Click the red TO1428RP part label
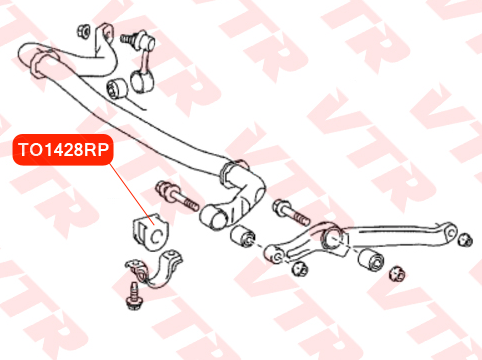pos(63,150)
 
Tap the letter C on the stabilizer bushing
pos(156,236)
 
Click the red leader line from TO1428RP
pos(132,194)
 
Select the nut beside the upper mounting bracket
pos(83,32)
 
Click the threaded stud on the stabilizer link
pos(128,39)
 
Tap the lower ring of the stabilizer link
pos(142,82)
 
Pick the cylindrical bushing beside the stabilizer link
pos(117,88)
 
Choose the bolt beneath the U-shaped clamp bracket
pos(133,296)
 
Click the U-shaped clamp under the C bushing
pos(154,269)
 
